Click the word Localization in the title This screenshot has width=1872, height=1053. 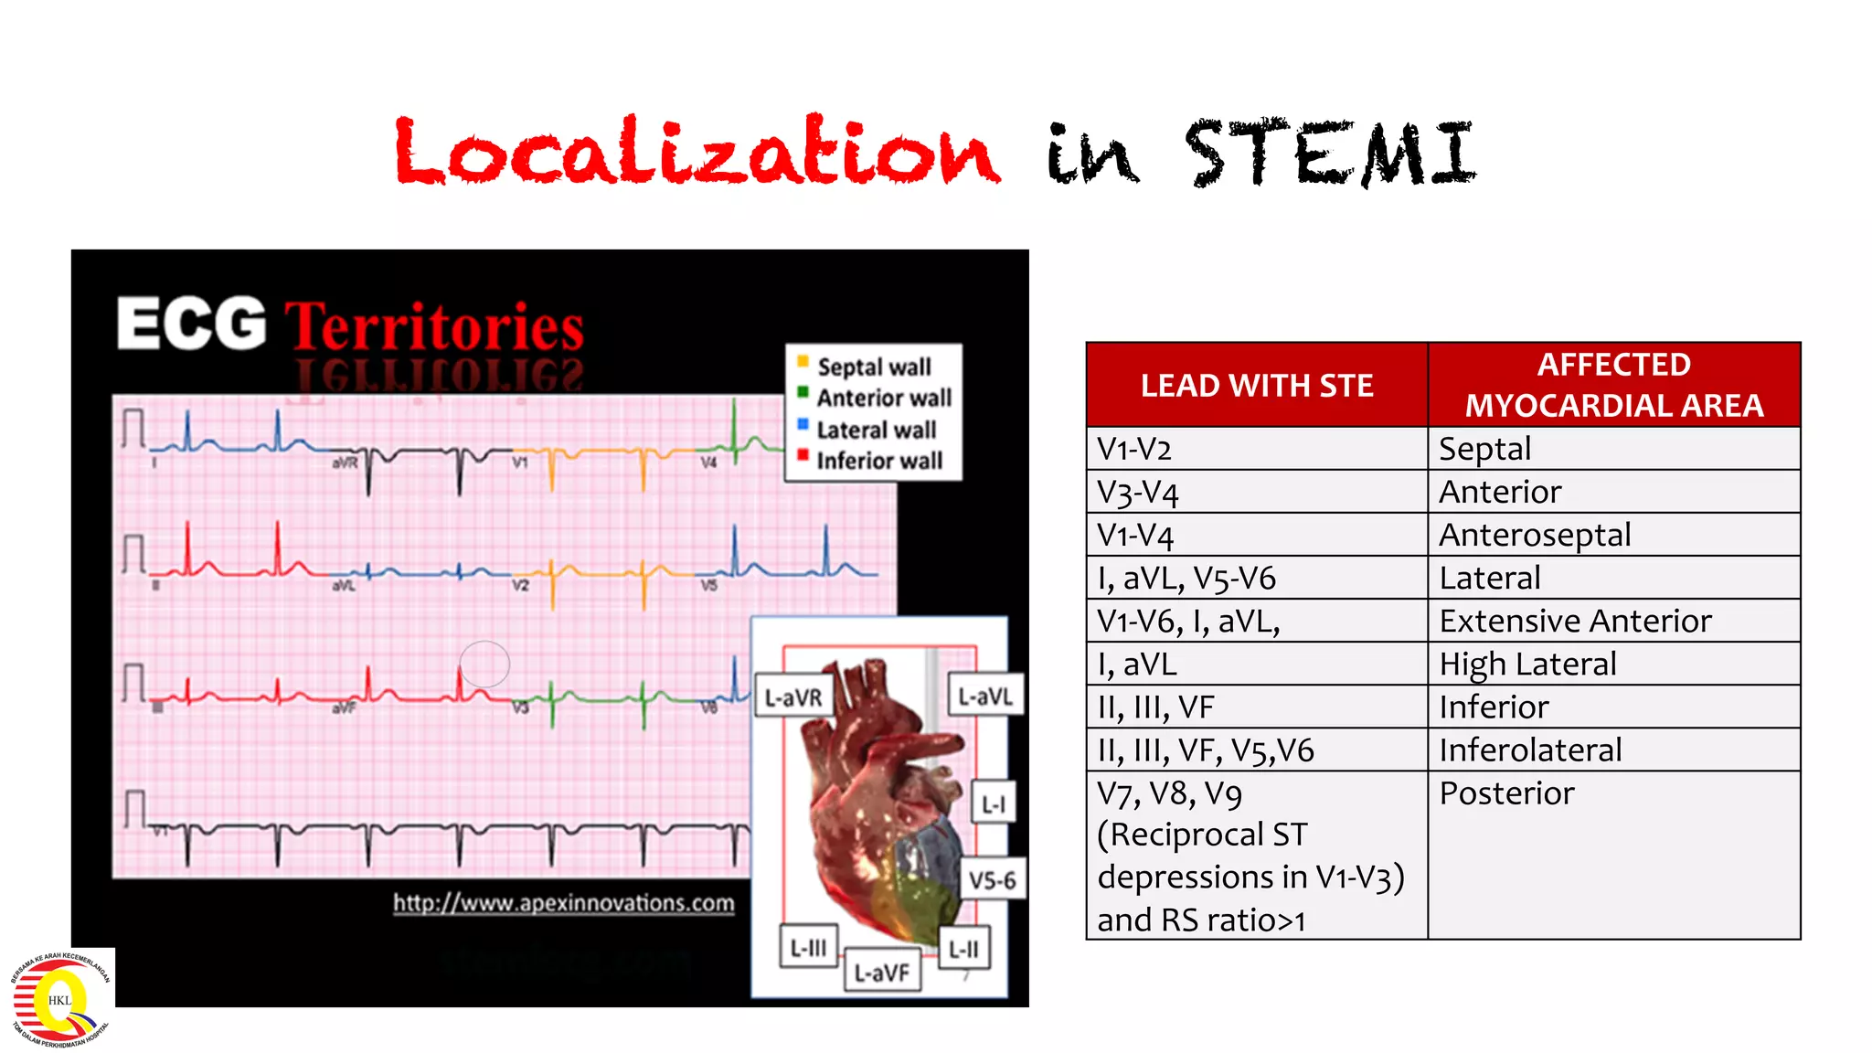point(697,152)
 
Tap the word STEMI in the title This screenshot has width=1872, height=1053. point(1331,154)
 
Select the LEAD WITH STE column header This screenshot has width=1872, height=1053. point(1256,386)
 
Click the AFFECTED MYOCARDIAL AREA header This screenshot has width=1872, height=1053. point(1613,385)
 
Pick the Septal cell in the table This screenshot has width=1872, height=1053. point(1484,449)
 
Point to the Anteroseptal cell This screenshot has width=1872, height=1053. point(1535,535)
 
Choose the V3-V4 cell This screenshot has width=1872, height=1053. point(1138,493)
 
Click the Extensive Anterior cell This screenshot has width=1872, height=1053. point(1575,622)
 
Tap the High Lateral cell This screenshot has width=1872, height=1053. point(1527,665)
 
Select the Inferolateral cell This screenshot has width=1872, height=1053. point(1530,750)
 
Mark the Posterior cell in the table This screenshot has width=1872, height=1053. point(1506,793)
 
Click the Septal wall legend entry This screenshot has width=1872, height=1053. point(873,367)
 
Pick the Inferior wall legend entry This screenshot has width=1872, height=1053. point(878,461)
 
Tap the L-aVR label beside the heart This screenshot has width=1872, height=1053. point(792,698)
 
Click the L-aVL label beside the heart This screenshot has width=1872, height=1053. point(985,697)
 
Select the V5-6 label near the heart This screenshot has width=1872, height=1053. point(993,880)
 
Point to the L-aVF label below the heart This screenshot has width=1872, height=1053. point(881,973)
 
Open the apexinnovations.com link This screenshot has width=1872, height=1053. point(564,903)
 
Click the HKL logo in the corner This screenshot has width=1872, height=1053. point(60,999)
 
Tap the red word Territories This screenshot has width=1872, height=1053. point(434,327)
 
